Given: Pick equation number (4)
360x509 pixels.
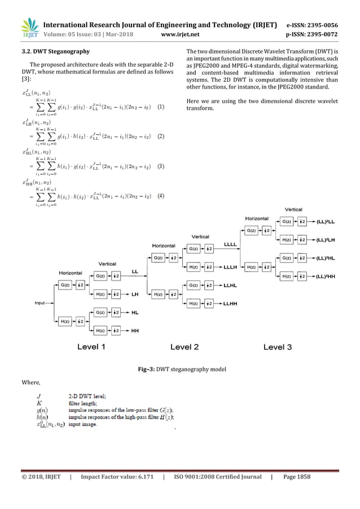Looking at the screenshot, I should point(161,196).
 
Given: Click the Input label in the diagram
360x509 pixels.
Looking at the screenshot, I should point(39,303).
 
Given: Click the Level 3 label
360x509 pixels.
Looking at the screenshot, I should point(278,346).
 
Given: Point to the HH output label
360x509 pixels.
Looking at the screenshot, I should point(135,331).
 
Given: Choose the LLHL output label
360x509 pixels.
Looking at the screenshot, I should point(230,286).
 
